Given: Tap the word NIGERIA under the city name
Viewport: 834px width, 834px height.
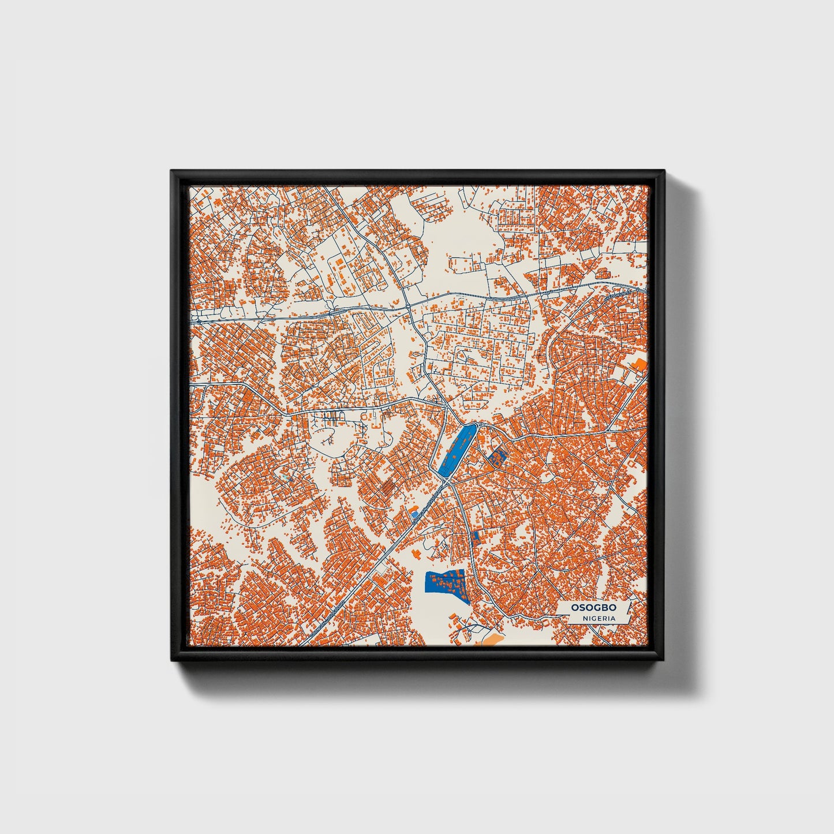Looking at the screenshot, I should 599,618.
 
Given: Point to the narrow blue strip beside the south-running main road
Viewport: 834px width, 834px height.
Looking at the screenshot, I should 476,538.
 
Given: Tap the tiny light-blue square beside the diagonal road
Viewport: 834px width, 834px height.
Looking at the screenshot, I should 414,513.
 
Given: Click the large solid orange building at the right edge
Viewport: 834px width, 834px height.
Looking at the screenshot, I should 639,365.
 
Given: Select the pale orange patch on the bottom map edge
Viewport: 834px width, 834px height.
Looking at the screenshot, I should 491,639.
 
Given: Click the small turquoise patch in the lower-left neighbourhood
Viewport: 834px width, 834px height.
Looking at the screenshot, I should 289,478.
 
